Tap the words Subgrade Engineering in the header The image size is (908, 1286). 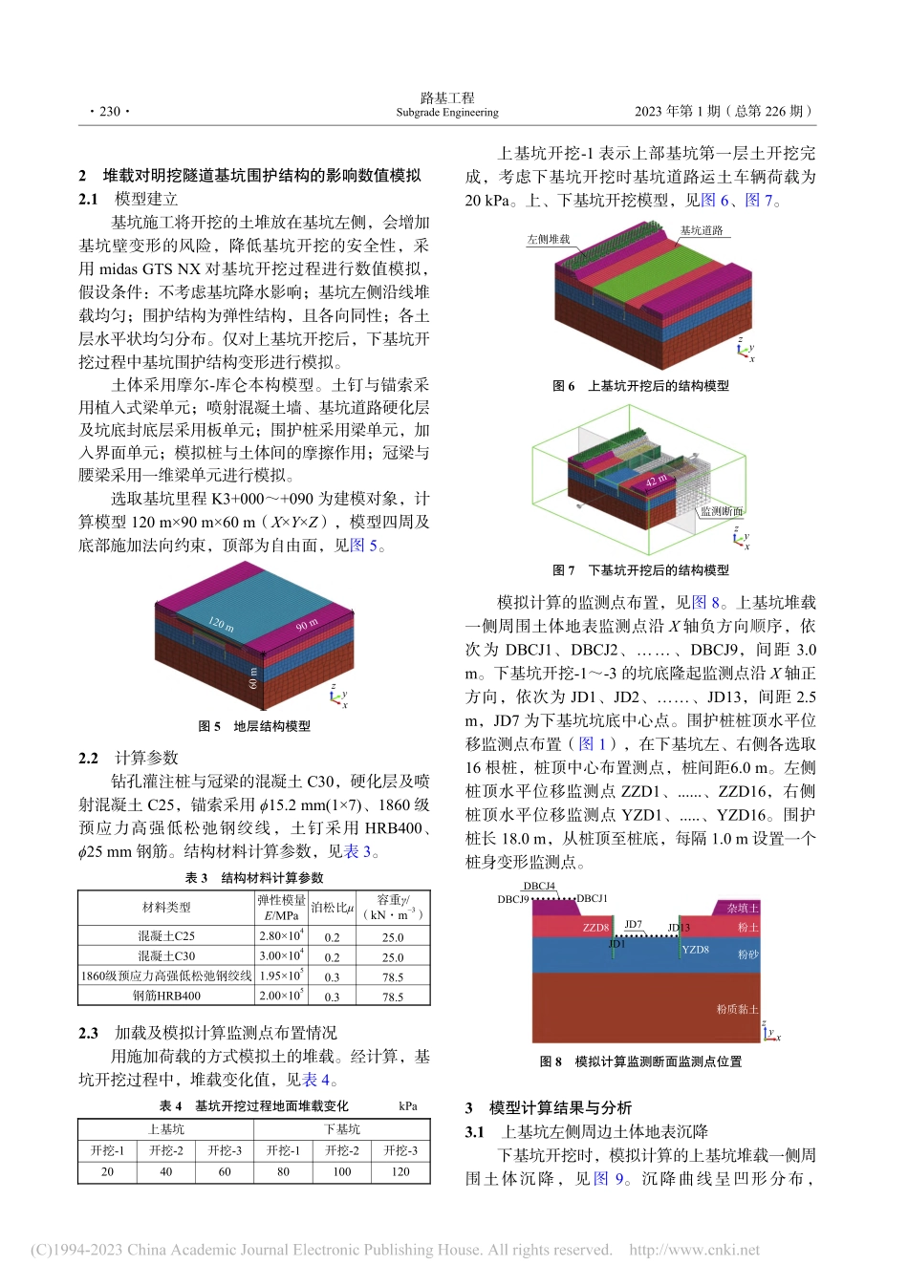click(x=447, y=113)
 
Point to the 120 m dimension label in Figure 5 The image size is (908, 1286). click(x=221, y=624)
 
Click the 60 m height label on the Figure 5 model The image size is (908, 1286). click(x=252, y=678)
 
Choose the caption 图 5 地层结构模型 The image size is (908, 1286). click(x=254, y=726)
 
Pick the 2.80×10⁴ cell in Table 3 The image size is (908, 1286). click(x=281, y=936)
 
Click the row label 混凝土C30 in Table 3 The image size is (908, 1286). click(x=166, y=956)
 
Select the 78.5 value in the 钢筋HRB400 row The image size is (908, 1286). click(x=393, y=997)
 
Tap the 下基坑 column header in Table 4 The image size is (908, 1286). click(x=342, y=1129)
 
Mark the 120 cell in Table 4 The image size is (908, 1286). click(x=400, y=1171)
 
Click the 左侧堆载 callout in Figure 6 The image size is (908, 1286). click(x=548, y=240)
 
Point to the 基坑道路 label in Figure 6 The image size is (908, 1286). click(x=702, y=231)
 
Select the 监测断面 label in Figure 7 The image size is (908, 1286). click(x=722, y=512)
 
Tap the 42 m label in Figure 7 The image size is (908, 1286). click(x=656, y=482)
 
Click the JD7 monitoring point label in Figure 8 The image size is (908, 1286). click(x=633, y=925)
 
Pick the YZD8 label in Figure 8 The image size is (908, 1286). click(x=695, y=950)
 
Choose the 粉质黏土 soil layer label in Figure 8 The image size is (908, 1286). click(x=737, y=1009)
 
